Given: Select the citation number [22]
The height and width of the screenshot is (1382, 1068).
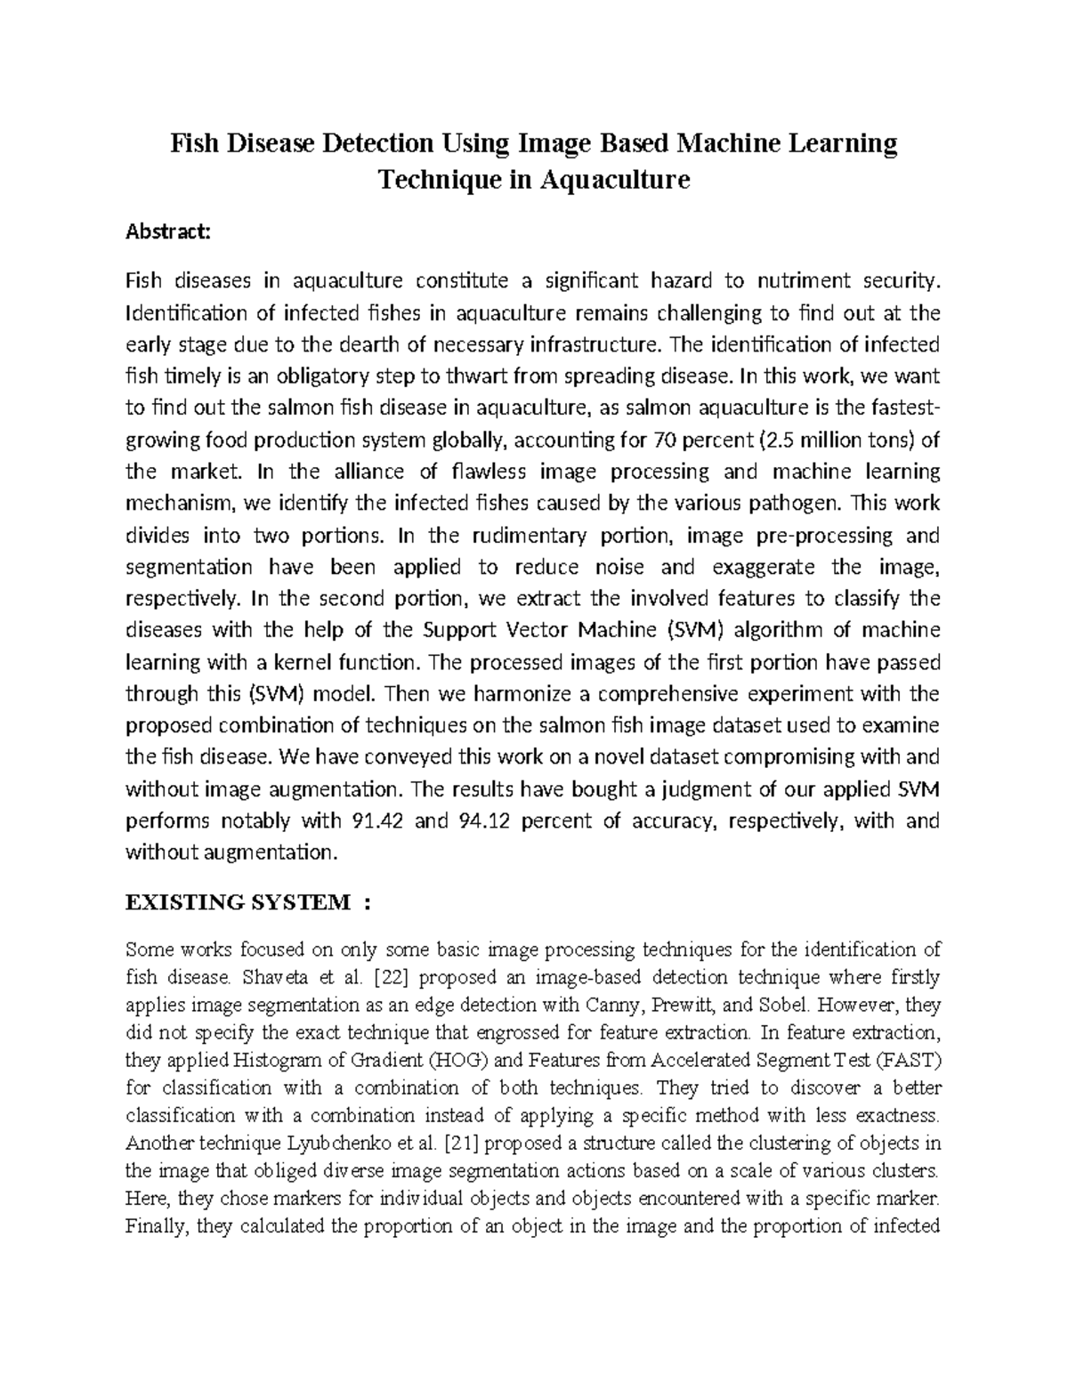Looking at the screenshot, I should point(391,977).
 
